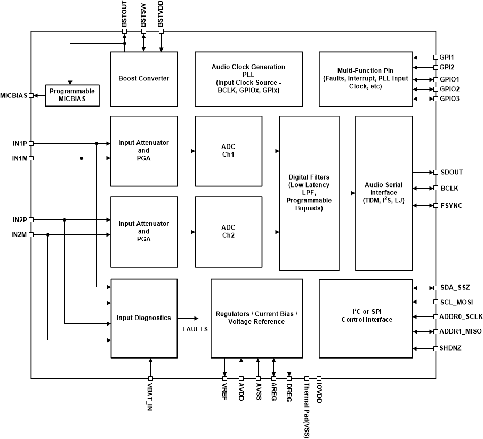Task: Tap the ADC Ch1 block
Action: [228, 151]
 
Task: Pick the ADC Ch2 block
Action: [228, 231]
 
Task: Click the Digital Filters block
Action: [309, 192]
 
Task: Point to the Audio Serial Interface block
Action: [383, 192]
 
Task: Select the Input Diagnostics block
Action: [143, 318]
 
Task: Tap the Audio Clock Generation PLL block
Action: [248, 79]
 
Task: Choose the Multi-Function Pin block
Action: [365, 79]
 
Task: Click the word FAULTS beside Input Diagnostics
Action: [195, 329]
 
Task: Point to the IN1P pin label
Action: [19, 143]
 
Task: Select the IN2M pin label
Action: [19, 234]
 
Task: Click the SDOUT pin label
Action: [452, 172]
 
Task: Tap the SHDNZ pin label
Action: [451, 348]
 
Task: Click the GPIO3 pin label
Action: [450, 99]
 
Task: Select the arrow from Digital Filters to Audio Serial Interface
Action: [347, 193]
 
